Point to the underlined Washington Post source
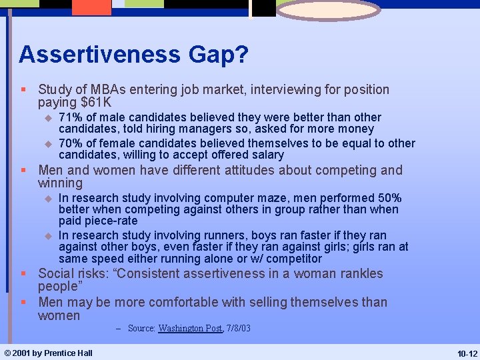(190, 329)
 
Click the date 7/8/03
(238, 329)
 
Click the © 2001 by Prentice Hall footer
(48, 353)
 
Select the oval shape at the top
(328, 10)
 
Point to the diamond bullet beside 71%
(47, 118)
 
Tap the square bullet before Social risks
(24, 274)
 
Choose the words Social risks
(75, 273)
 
